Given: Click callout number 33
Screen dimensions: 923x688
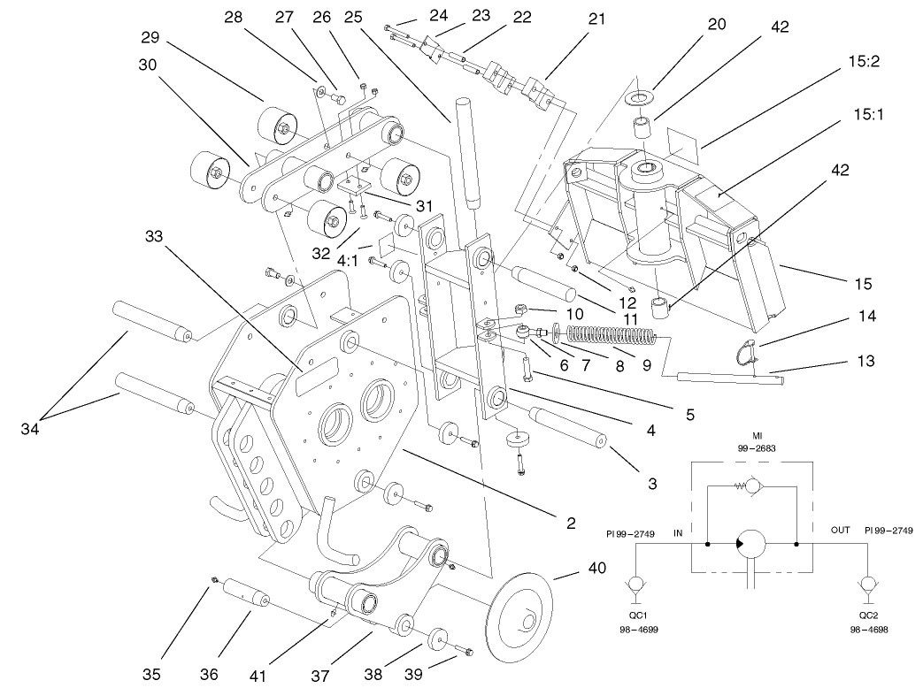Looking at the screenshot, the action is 154,236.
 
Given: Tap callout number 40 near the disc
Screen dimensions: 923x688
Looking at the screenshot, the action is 596,568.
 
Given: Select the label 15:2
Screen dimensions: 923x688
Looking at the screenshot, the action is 864,61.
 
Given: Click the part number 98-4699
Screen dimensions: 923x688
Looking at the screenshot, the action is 639,630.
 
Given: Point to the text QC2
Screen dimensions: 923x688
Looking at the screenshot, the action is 868,615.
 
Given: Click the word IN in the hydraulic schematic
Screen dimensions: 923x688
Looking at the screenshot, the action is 678,532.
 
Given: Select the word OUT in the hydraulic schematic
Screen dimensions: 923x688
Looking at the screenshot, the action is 840,530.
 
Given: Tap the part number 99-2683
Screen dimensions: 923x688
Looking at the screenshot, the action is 757,448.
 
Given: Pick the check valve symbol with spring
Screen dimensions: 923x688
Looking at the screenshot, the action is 750,486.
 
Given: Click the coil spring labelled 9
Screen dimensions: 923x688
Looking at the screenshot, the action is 611,336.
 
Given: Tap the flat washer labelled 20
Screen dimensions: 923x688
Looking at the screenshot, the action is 638,96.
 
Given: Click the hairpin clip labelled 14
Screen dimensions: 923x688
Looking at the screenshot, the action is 745,350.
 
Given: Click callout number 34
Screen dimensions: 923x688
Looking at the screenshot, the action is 29,429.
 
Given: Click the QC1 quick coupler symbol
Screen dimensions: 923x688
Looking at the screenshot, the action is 635,588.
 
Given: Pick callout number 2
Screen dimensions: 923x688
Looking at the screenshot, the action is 571,523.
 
